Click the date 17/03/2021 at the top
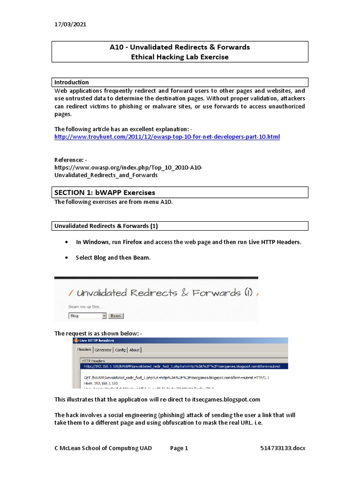70,24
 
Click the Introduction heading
72,82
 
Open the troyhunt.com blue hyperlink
167,136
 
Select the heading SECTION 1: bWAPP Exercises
105,192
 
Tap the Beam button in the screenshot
116,316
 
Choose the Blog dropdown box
88,316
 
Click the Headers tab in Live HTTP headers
84,350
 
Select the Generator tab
103,350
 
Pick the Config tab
120,350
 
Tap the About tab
135,350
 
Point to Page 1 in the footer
179,448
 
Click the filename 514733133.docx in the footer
283,448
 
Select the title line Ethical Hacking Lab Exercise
180,57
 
